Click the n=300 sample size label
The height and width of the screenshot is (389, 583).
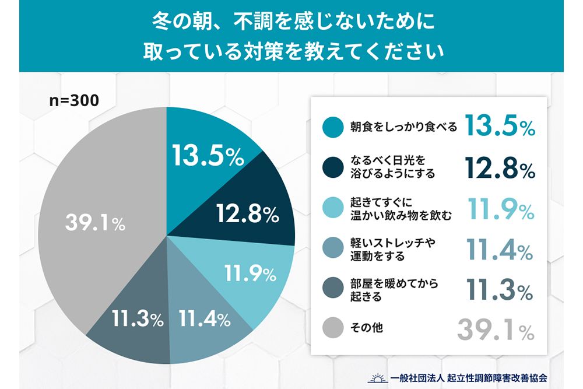pyautogui.click(x=73, y=100)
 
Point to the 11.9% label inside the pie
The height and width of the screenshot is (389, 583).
pyautogui.click(x=249, y=272)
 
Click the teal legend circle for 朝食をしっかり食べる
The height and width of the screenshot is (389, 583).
pyautogui.click(x=332, y=127)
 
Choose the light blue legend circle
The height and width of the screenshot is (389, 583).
pyautogui.click(x=332, y=208)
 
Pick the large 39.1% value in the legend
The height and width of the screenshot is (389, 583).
pyautogui.click(x=495, y=329)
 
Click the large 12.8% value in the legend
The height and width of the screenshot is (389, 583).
pyautogui.click(x=500, y=168)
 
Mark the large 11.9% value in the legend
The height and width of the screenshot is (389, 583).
pyautogui.click(x=501, y=208)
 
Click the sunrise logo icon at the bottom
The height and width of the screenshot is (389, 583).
pyautogui.click(x=377, y=377)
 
